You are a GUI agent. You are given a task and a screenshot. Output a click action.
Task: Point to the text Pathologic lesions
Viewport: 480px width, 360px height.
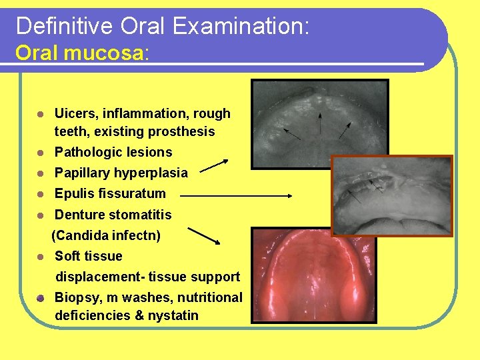(x=113, y=152)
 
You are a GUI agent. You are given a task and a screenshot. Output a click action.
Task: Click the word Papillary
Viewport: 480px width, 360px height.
(x=83, y=173)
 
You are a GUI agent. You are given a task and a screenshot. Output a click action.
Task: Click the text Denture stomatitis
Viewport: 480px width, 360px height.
(x=113, y=215)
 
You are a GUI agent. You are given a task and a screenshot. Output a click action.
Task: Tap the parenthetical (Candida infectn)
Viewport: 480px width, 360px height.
(x=106, y=235)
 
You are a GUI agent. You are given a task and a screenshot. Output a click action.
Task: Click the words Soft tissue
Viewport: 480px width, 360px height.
(x=88, y=256)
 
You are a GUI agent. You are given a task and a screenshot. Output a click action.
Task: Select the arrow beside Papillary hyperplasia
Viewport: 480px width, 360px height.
(x=214, y=165)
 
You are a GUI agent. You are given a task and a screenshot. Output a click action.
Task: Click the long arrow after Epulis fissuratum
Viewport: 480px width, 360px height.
(x=236, y=196)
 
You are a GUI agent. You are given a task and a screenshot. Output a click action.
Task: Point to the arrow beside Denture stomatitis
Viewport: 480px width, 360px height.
(x=204, y=235)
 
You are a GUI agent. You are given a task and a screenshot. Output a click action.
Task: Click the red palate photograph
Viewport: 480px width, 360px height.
(x=313, y=275)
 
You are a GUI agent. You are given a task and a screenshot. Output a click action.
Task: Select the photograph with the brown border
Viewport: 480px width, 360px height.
(x=391, y=196)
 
